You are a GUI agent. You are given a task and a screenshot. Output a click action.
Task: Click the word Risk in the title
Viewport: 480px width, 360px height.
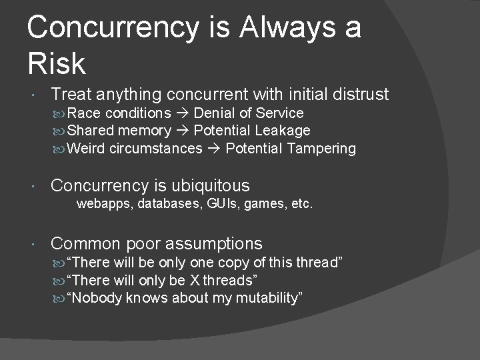[x=57, y=64]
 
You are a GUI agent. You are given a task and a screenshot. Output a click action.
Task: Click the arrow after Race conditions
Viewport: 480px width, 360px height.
[x=182, y=113]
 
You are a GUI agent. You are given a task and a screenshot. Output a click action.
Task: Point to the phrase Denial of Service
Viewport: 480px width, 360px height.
[x=248, y=113]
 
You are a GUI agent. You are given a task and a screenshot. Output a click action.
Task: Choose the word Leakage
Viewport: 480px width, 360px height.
[x=283, y=131]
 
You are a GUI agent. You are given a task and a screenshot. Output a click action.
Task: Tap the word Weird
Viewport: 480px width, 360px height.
[x=86, y=148]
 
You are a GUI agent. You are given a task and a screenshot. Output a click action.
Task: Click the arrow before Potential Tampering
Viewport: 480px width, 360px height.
[x=213, y=148]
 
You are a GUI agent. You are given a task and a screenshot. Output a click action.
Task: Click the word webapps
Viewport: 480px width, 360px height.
[x=105, y=203]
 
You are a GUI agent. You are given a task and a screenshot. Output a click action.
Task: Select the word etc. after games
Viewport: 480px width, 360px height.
[x=301, y=203]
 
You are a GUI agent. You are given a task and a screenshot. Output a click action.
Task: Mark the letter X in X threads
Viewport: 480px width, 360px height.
[x=195, y=280]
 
